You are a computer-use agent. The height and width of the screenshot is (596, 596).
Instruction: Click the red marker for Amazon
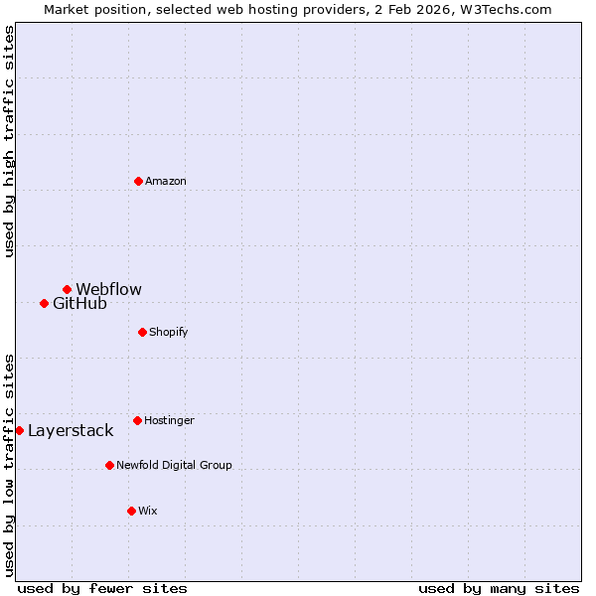point(138,181)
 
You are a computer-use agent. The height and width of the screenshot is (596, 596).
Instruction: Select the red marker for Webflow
point(67,289)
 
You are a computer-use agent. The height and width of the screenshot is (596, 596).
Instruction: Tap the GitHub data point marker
point(44,303)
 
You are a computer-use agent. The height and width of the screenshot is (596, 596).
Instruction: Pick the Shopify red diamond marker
point(142,332)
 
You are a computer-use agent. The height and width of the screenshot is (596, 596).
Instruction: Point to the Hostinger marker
point(137,420)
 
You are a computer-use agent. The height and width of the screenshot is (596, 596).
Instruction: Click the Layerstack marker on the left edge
point(19,430)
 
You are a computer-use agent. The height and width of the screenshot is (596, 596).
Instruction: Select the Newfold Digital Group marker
point(109,465)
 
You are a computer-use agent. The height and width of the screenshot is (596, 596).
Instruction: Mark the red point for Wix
point(131,511)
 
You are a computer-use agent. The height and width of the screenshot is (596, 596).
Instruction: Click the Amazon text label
point(166,182)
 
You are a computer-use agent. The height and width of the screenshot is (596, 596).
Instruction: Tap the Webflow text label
point(109,290)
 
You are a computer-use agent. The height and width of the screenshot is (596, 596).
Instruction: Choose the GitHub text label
point(79,304)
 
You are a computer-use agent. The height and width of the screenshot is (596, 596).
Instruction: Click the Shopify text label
point(169,332)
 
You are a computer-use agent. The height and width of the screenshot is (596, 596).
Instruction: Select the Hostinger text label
point(169,421)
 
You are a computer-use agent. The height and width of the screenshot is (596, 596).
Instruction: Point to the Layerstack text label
point(71,431)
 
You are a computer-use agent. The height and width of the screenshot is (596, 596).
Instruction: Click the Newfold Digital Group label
point(174,465)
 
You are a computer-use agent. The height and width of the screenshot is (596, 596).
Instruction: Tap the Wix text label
point(148,512)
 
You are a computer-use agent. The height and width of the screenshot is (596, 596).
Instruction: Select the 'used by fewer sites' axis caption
point(102,588)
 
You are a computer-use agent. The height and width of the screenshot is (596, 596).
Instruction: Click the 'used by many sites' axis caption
point(499,588)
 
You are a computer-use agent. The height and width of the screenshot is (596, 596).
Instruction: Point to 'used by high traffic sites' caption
point(9,141)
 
